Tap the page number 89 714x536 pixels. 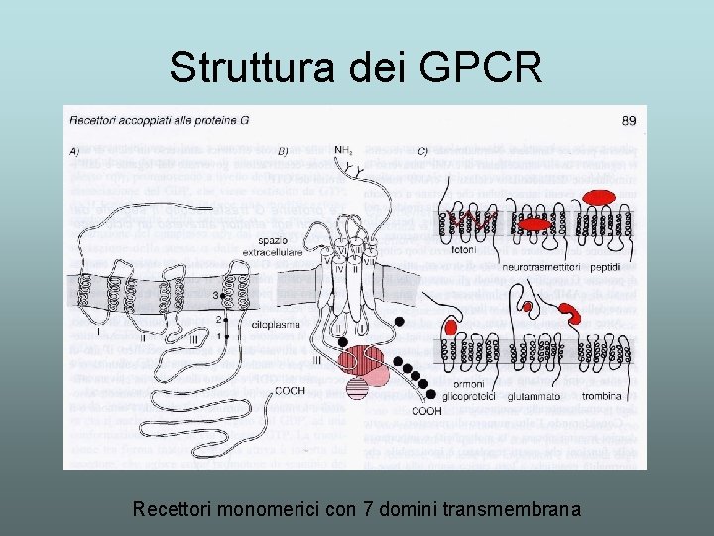[x=629, y=121]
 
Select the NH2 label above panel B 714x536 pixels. [x=343, y=150]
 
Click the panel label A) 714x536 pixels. [x=76, y=151]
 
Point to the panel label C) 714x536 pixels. [x=422, y=151]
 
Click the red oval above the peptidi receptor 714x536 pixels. [x=598, y=199]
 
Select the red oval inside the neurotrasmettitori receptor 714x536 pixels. [x=535, y=224]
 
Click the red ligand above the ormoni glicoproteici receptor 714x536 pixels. [x=452, y=328]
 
